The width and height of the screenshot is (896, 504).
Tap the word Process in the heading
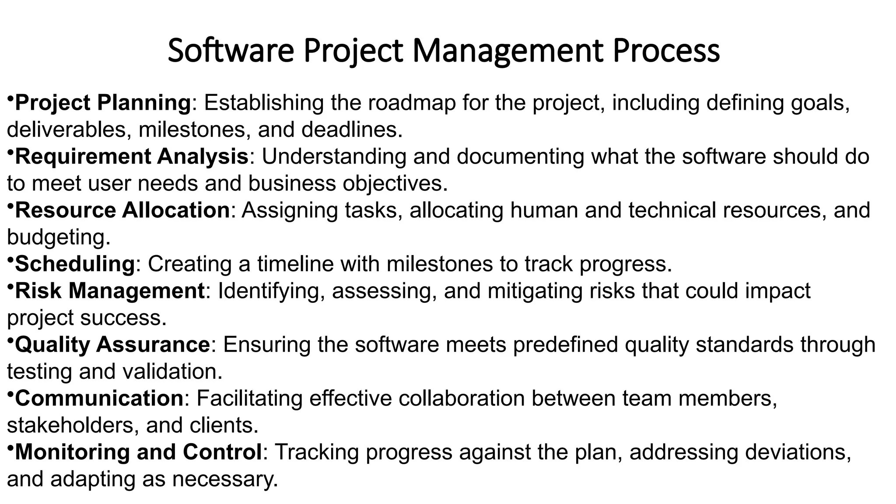click(666, 51)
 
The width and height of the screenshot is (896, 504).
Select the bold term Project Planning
click(103, 103)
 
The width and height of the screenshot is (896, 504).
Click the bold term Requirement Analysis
click(132, 157)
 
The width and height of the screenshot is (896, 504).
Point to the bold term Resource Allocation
click(122, 210)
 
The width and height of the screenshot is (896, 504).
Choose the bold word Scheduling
click(75, 264)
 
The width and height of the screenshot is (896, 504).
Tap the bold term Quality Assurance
click(113, 345)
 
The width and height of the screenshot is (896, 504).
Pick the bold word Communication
click(99, 399)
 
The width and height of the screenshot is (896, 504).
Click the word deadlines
click(351, 130)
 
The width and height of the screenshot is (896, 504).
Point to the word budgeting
click(59, 238)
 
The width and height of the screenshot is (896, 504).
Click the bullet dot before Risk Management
click(10, 285)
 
